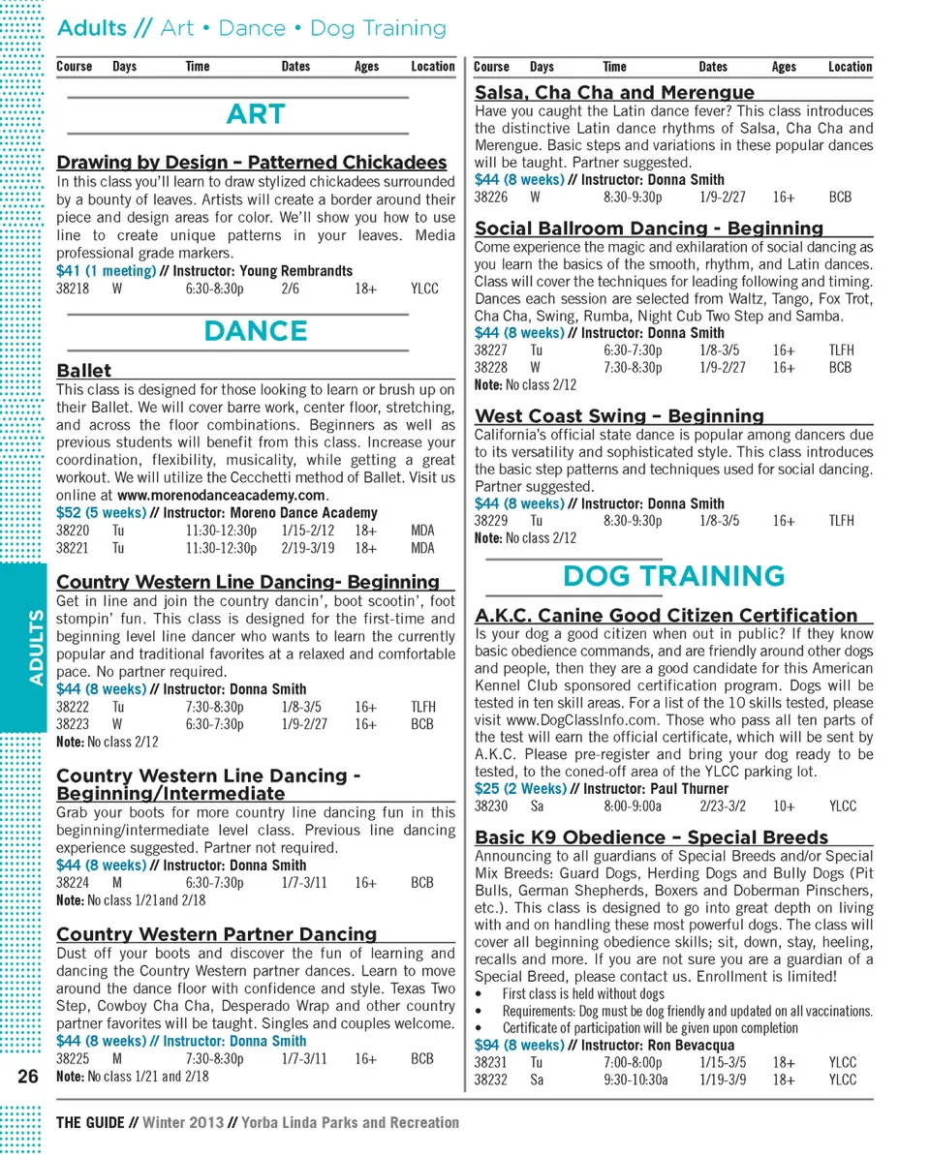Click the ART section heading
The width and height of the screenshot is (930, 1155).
(256, 115)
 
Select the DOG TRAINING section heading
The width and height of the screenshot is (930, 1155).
(673, 576)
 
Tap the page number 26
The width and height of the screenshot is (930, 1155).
(27, 1076)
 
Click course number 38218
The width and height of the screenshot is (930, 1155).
(73, 289)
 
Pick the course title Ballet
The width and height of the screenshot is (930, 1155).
(84, 370)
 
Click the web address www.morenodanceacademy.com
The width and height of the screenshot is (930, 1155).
(228, 495)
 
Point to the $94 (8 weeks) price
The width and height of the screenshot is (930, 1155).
(519, 1046)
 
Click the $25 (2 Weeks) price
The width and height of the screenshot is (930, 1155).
(520, 788)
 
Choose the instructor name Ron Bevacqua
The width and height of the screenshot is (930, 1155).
(692, 1046)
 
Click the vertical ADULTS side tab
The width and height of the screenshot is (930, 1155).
(36, 647)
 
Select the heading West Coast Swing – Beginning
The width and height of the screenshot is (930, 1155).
(619, 416)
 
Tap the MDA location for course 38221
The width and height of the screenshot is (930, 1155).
(422, 548)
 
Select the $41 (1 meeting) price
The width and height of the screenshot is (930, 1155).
(107, 271)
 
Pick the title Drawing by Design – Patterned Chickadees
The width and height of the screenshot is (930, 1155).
(252, 163)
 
